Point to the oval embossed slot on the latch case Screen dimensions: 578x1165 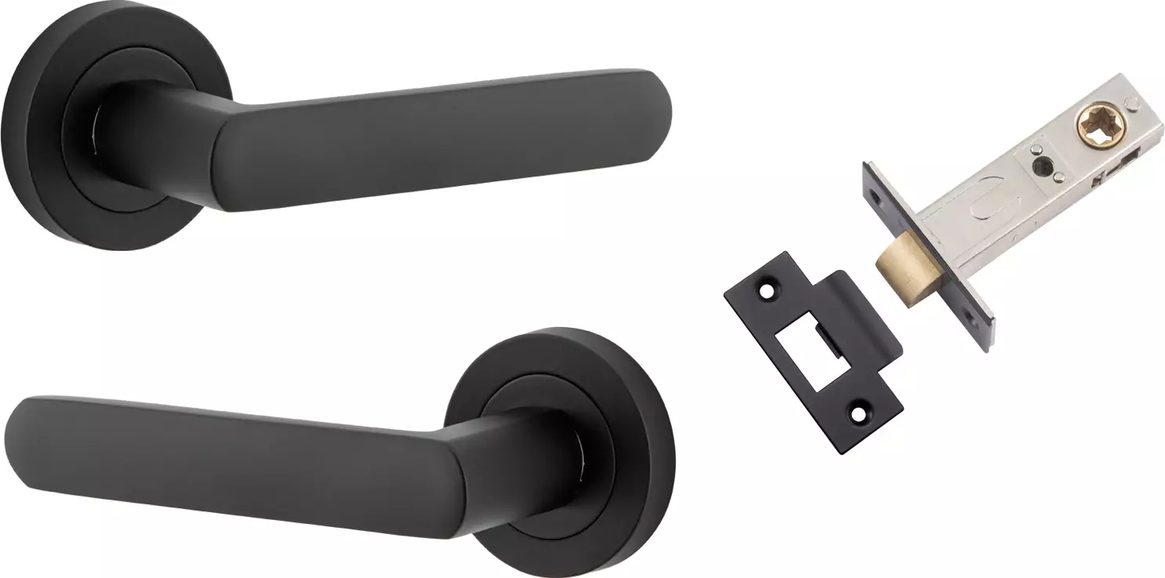pyautogui.click(x=979, y=213)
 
